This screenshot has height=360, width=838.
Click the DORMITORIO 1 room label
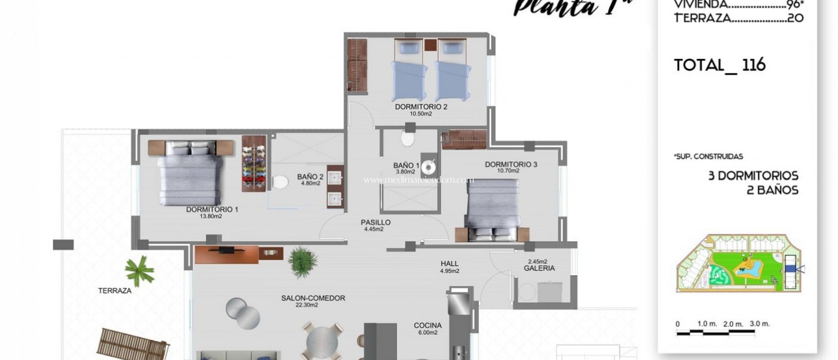point(212,209)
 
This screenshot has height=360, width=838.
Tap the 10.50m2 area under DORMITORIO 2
point(421,114)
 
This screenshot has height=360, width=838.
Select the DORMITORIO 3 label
point(511,164)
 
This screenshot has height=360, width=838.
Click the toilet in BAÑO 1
point(407,139)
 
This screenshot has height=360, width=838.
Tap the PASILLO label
point(375,223)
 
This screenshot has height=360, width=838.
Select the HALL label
point(449,264)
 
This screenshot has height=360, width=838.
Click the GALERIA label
point(539,268)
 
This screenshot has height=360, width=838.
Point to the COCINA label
point(428,326)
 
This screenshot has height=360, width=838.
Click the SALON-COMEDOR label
point(313,298)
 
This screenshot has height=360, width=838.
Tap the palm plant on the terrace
point(139,270)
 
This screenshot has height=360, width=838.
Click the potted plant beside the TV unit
point(303,262)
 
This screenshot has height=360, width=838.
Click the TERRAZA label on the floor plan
point(115,291)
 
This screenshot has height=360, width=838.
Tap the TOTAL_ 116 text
point(719,65)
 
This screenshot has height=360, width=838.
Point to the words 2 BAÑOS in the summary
point(772,190)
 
